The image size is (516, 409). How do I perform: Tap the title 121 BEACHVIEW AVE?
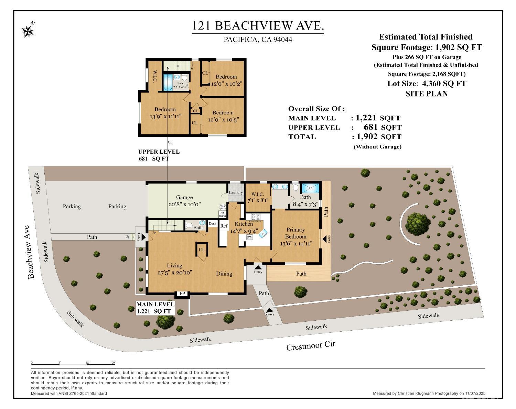(258, 26)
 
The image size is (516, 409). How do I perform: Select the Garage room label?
(184, 197)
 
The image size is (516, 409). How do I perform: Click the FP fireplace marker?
(182, 294)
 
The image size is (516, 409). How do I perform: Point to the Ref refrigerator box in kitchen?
(224, 226)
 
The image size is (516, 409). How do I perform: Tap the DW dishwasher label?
(249, 237)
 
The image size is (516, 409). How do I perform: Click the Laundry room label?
(236, 192)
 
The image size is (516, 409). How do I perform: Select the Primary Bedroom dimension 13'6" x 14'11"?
(296, 244)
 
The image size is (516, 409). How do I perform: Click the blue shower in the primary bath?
(310, 188)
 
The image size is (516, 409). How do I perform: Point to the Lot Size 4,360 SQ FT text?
(427, 84)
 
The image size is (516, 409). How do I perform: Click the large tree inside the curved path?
(417, 223)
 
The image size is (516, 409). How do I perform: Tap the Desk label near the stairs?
(213, 224)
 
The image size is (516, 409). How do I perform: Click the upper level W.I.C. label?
(154, 76)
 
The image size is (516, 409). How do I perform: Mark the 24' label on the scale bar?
(114, 363)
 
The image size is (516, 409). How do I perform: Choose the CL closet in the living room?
(202, 250)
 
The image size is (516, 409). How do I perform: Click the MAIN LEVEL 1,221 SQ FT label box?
(155, 308)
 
